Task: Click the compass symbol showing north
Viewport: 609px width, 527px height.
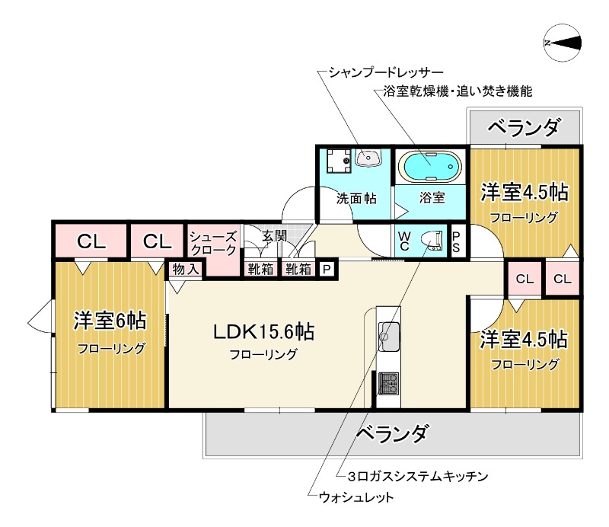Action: tap(564, 43)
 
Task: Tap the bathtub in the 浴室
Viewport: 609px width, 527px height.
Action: tap(430, 165)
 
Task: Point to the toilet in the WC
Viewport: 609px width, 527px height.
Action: tap(432, 241)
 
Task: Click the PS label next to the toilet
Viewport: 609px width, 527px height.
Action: tap(456, 241)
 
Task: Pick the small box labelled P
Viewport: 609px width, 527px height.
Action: tap(327, 269)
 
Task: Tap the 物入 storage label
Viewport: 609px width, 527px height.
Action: tap(185, 269)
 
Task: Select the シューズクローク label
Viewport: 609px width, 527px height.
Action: tap(213, 243)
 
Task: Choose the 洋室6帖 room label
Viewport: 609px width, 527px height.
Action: tap(110, 321)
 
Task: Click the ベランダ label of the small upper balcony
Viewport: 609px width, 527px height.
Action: tap(524, 126)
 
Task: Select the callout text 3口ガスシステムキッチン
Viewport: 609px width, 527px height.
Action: tap(416, 476)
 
